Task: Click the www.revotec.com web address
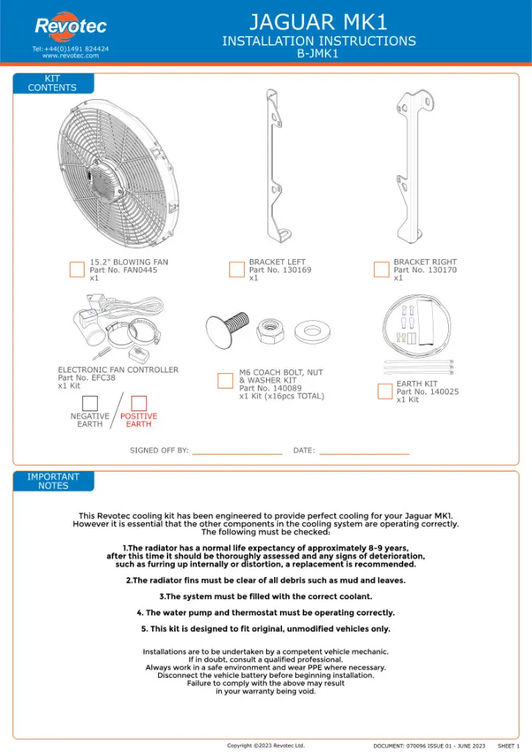(x=71, y=55)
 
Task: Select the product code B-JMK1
(x=317, y=54)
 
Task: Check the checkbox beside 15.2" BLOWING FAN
(x=77, y=270)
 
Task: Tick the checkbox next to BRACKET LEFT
(x=237, y=270)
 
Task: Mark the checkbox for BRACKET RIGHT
(x=381, y=270)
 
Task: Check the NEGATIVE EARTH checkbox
(x=90, y=403)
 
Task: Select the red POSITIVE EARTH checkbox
(x=139, y=403)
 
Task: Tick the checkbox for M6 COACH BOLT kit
(x=226, y=380)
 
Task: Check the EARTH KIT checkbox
(x=385, y=391)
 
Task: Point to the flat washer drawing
(x=313, y=330)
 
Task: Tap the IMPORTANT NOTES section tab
(x=53, y=481)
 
